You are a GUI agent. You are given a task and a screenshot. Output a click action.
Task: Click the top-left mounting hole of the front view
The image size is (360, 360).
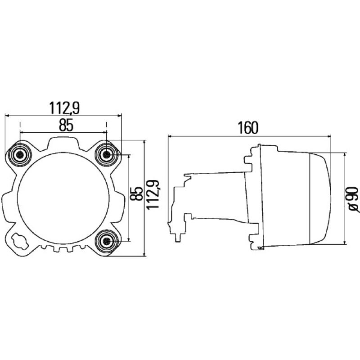(x=20, y=154)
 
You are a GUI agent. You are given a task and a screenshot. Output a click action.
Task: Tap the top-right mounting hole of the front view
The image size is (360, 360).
(x=107, y=154)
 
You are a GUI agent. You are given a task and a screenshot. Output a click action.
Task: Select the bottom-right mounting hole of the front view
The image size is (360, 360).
(x=107, y=241)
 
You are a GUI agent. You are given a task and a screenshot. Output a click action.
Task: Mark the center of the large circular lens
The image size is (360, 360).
(x=63, y=198)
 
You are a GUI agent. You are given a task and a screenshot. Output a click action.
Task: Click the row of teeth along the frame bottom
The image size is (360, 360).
(x=63, y=249)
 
